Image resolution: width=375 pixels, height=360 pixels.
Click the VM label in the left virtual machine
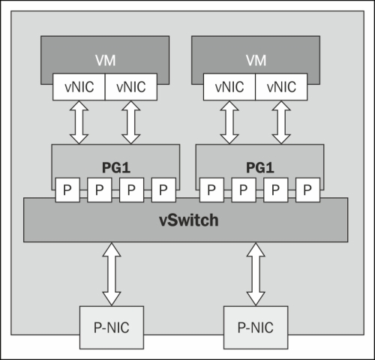click(x=105, y=61)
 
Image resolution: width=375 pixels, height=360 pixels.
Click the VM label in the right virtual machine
click(x=256, y=61)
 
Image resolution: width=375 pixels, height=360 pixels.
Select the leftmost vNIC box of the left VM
click(x=79, y=87)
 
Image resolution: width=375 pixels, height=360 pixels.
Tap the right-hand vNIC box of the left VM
click(x=131, y=87)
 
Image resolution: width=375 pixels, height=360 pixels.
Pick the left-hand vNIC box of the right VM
click(x=229, y=87)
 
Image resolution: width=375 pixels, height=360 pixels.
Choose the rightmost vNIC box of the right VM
click(x=281, y=87)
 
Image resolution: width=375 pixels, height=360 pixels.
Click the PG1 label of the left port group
click(x=116, y=167)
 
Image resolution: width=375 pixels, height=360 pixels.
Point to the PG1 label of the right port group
click(x=260, y=167)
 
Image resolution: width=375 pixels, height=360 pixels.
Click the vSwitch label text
click(x=189, y=220)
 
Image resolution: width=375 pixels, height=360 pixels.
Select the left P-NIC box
click(x=112, y=328)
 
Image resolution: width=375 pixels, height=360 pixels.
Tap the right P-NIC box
click(x=256, y=328)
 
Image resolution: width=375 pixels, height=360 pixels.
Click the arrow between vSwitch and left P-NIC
click(x=112, y=274)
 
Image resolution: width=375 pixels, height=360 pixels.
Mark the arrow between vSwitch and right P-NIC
click(x=256, y=274)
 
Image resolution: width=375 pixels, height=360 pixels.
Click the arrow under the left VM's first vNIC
click(x=79, y=122)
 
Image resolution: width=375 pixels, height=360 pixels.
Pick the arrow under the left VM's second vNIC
click(x=131, y=122)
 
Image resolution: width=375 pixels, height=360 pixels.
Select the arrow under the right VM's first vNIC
click(x=229, y=122)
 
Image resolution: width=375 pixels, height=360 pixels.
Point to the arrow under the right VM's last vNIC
click(x=281, y=122)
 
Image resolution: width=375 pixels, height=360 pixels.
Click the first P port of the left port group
click(x=67, y=190)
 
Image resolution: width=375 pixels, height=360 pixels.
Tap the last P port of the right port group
click(x=307, y=190)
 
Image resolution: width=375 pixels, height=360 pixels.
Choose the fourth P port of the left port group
click(x=163, y=190)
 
